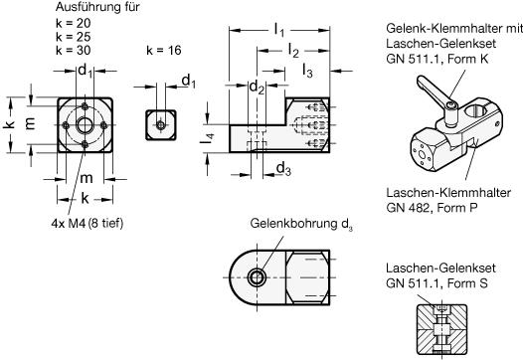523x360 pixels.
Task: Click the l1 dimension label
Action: pos(279,30)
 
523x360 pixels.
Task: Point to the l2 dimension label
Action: pos(293,51)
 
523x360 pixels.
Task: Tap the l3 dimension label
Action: pos(307,71)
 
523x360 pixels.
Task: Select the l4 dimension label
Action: pos(207,138)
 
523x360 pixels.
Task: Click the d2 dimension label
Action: pos(257,88)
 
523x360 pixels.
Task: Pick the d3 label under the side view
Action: pos(283,169)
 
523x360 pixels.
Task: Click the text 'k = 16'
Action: pos(164,51)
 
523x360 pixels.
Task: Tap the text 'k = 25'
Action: pos(73,37)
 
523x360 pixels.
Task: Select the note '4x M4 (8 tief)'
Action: pos(87,223)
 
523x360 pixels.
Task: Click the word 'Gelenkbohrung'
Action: pos(294,223)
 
